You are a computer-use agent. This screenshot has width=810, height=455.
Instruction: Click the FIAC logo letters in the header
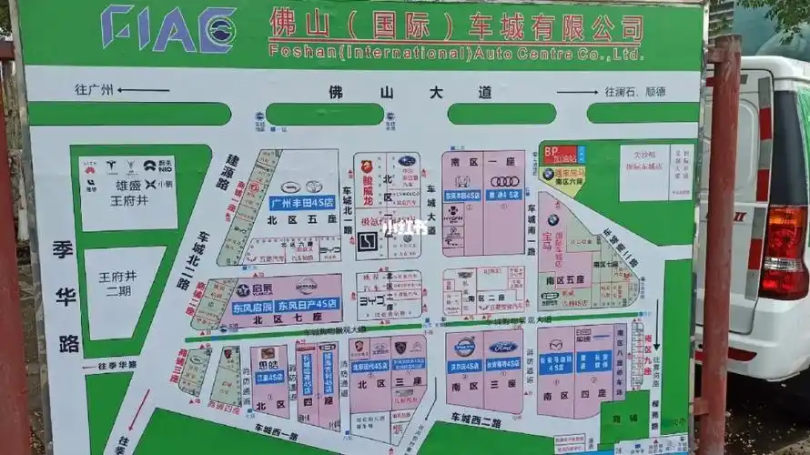pos(169,29)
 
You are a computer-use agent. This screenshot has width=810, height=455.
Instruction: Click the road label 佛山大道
pos(410,92)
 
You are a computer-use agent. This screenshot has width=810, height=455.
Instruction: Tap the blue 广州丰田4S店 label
pos(302,203)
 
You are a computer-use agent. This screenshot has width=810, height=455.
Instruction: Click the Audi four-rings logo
pos(504,181)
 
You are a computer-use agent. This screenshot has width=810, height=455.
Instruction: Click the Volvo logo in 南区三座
pos(464,347)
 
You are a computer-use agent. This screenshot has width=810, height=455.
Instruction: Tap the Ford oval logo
pos(502,347)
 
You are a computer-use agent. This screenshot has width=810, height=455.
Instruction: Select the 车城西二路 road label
pos(475,420)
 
